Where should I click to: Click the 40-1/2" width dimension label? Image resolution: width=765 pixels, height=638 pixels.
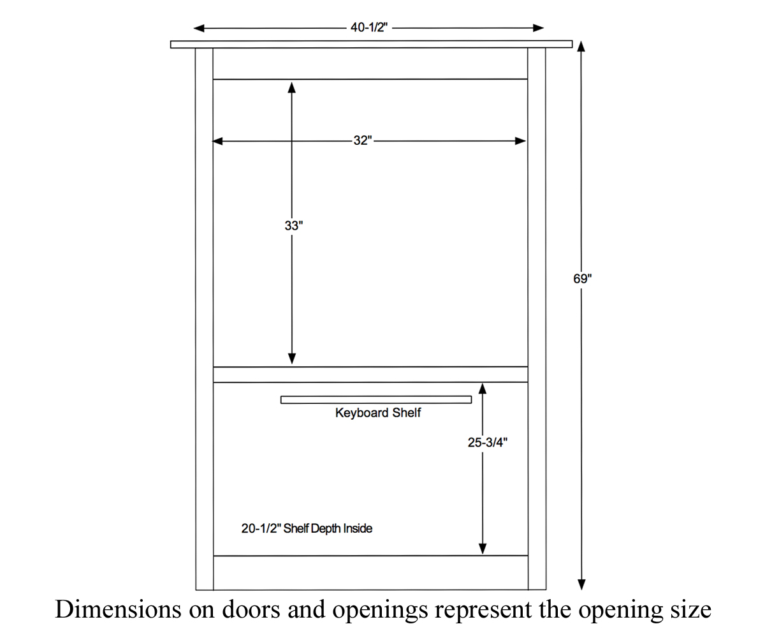369,27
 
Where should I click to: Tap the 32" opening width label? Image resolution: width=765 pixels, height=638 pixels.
363,140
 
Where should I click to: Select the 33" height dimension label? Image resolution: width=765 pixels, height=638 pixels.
294,225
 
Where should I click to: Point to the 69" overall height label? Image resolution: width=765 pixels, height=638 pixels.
583,279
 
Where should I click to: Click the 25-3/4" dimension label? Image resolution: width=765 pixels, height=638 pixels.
488,443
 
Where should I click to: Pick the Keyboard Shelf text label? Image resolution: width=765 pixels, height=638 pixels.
378,413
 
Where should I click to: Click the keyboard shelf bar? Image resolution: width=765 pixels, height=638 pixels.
376,399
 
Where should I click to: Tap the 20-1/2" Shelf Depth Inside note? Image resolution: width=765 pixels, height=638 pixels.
307,528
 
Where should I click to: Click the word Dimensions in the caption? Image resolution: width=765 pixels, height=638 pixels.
118,609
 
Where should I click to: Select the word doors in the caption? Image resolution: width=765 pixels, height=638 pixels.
252,609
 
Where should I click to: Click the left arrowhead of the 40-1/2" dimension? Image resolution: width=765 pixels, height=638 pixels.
199,28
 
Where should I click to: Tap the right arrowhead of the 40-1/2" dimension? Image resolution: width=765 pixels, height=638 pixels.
538,28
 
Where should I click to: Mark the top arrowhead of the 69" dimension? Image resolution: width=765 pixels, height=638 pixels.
581,47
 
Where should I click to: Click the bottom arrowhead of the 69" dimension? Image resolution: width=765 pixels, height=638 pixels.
581,584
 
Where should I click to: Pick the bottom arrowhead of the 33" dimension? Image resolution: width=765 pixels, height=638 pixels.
292,359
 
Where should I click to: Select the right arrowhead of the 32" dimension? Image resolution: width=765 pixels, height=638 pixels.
520,141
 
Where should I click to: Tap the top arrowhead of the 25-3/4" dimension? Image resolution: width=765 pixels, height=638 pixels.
483,389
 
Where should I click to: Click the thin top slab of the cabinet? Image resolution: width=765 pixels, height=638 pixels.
372,45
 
